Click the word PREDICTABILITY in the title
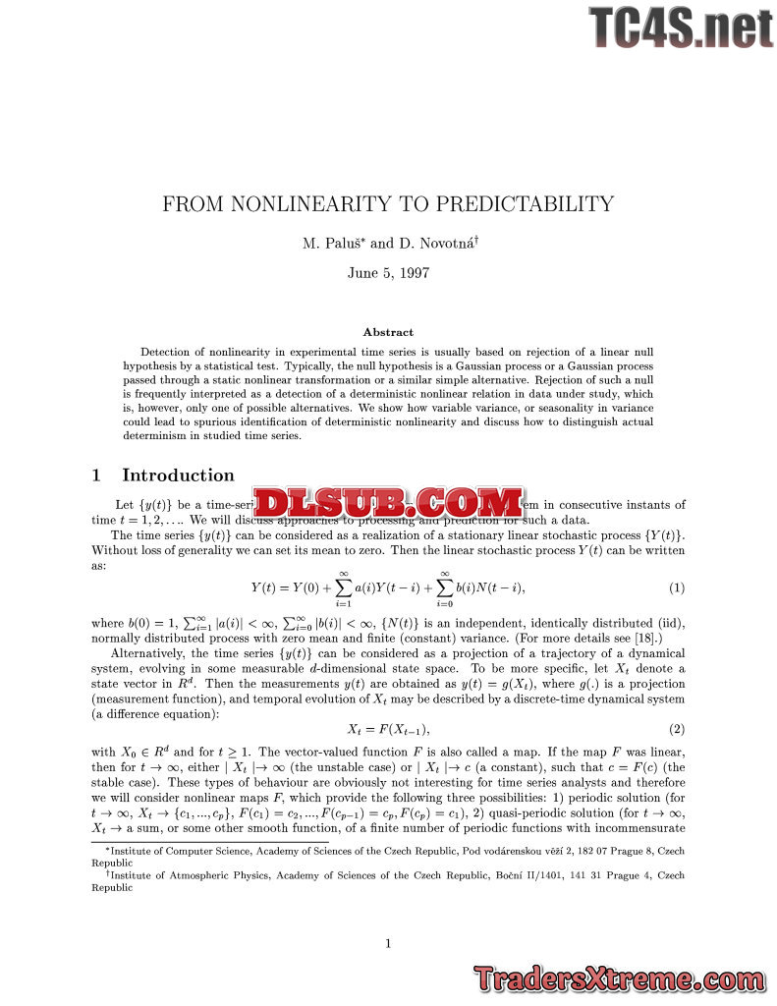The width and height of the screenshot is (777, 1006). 526,204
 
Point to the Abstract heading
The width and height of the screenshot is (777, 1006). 388,332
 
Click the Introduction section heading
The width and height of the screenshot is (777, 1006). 178,475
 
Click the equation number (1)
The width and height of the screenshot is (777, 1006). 676,587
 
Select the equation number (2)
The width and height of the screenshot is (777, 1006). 676,729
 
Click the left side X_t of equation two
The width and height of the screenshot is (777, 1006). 356,729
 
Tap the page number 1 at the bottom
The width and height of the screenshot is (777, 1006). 388,944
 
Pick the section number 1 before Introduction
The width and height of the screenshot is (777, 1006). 96,475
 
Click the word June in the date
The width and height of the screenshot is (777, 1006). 364,273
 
